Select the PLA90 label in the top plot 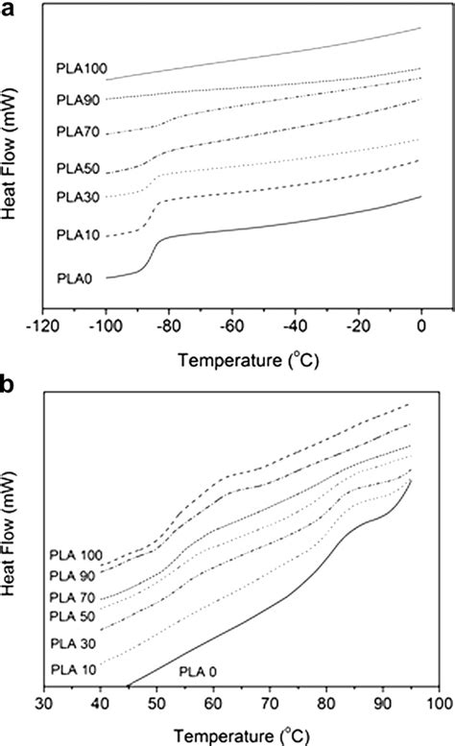click(76, 99)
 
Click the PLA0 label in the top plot click(75, 277)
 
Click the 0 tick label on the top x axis click(421, 325)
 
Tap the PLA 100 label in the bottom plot click(75, 555)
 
